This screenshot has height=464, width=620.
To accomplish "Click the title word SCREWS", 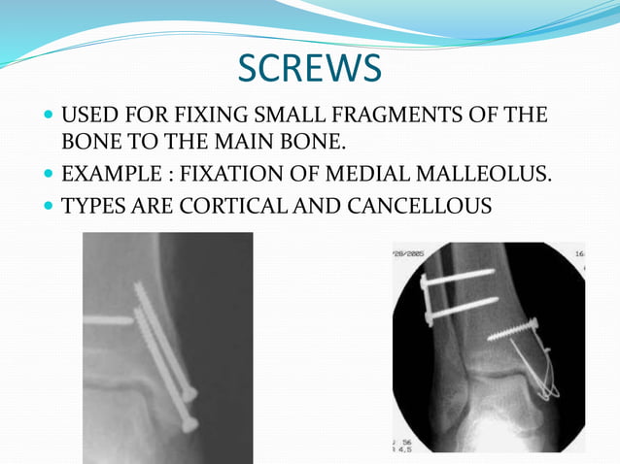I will (310, 68).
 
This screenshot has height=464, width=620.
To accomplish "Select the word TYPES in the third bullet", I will (90, 206).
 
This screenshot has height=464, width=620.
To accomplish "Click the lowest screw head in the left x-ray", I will (189, 424).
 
